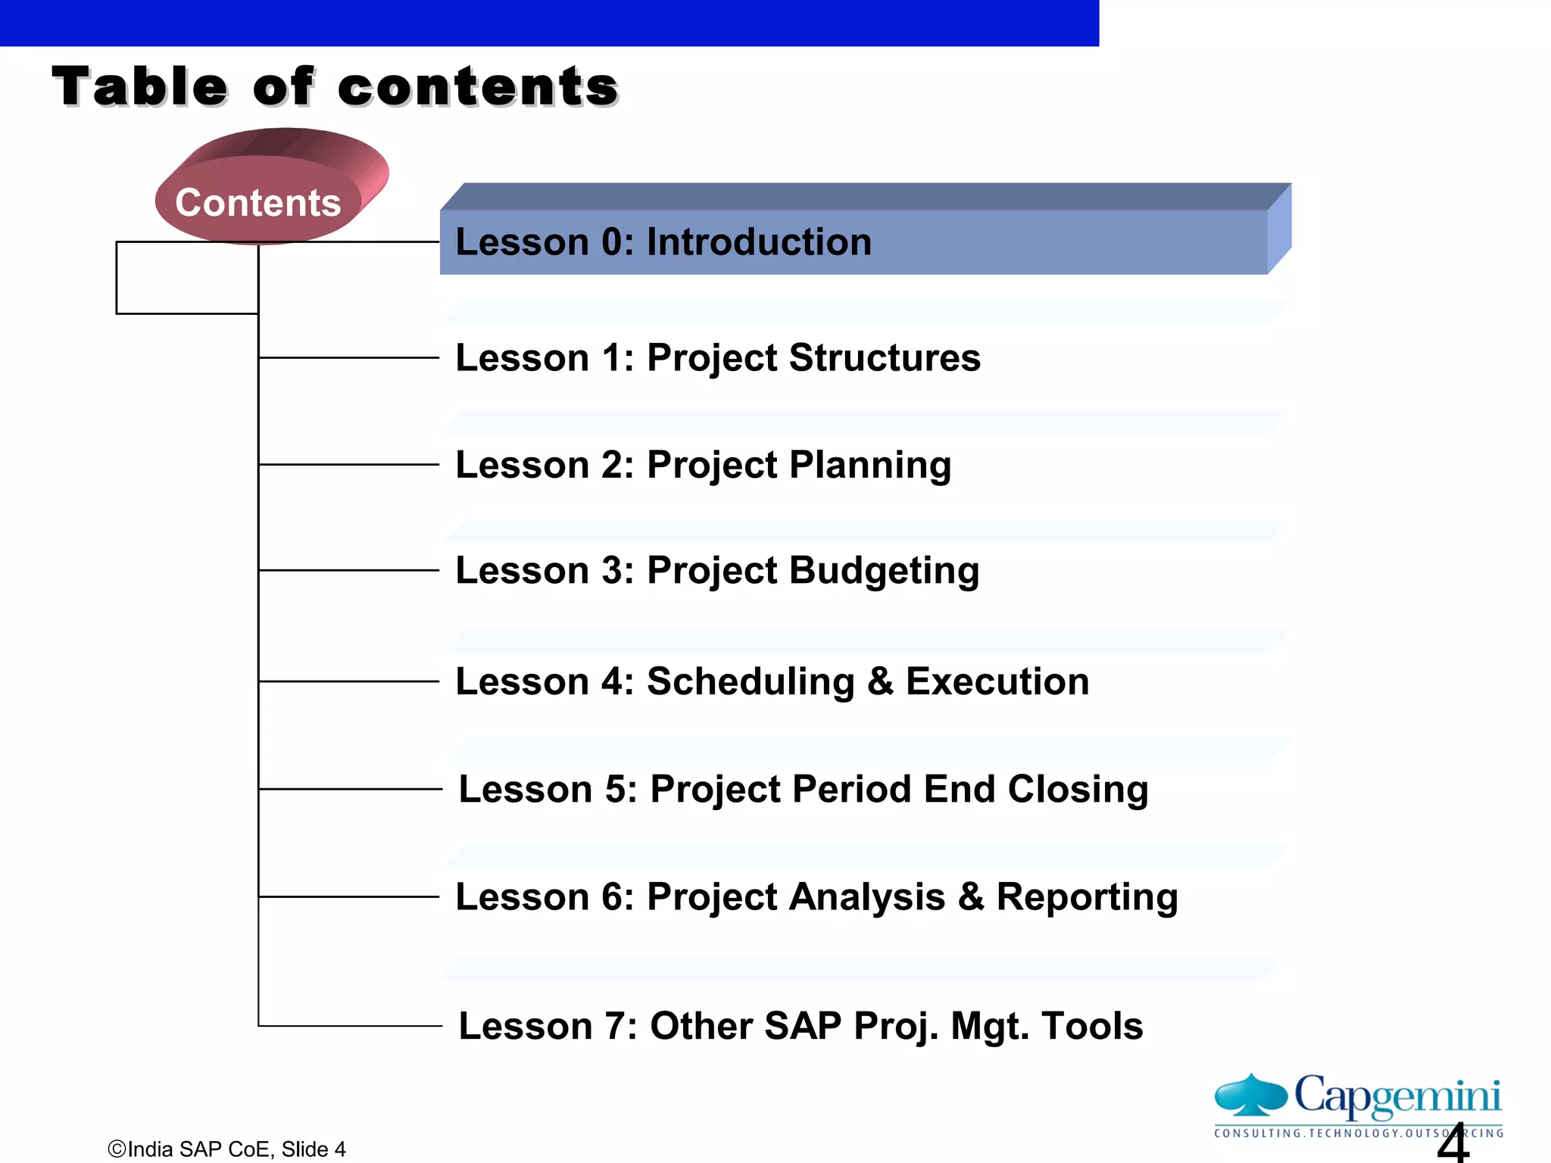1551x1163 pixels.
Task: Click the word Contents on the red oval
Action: pyautogui.click(x=257, y=203)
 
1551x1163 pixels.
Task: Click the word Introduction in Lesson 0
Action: pyautogui.click(x=759, y=242)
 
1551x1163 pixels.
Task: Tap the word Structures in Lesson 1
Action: pyautogui.click(x=885, y=357)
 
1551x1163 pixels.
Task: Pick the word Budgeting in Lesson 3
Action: pyautogui.click(x=884, y=571)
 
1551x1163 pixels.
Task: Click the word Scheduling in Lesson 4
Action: pyautogui.click(x=751, y=681)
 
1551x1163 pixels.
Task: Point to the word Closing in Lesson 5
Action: pyautogui.click(x=1078, y=789)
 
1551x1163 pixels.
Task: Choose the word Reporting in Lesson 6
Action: pyautogui.click(x=1087, y=897)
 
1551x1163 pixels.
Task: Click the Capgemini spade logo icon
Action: pyautogui.click(x=1250, y=1095)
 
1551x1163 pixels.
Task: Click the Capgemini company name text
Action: pyautogui.click(x=1397, y=1095)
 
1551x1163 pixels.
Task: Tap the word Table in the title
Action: pyautogui.click(x=140, y=86)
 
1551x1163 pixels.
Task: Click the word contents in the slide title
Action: pyautogui.click(x=478, y=86)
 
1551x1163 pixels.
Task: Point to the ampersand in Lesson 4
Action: pyautogui.click(x=880, y=681)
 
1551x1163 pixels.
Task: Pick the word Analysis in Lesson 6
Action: pyautogui.click(x=867, y=897)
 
